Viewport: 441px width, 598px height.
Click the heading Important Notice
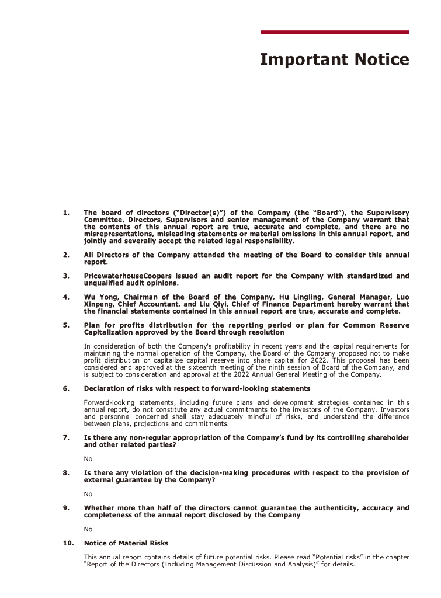point(334,60)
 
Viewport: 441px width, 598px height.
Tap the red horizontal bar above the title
point(334,32)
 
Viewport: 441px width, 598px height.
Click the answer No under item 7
point(88,459)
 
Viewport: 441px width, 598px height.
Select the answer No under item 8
point(88,494)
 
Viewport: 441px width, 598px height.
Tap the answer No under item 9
point(88,529)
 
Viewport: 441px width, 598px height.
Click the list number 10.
point(68,543)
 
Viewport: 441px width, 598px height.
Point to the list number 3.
point(66,276)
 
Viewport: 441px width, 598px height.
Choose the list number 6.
point(66,388)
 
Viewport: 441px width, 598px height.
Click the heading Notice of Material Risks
point(126,543)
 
